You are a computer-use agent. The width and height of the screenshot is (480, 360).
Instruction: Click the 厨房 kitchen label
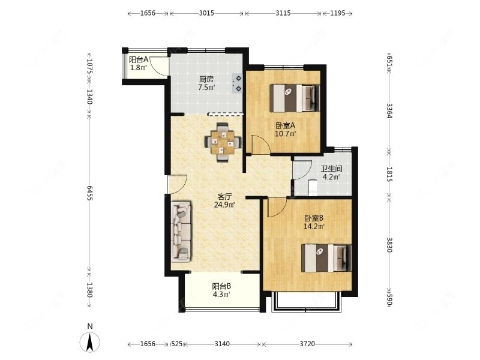tap(206, 79)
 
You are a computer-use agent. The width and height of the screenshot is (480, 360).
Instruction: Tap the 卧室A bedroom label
tap(286, 125)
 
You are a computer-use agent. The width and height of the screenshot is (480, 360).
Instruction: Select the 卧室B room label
tap(314, 218)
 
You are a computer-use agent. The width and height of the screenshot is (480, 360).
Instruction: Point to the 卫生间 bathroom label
tap(332, 169)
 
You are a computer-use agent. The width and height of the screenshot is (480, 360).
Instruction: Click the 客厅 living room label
tap(224, 197)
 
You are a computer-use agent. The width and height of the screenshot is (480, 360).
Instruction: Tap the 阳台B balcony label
tap(221, 286)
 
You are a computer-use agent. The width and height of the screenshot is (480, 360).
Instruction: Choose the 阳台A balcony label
tap(139, 59)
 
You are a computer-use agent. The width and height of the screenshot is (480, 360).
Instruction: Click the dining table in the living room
tap(223, 142)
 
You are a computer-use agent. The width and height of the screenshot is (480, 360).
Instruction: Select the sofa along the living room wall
tap(182, 231)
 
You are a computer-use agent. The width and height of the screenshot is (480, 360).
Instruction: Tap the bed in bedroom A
tap(295, 98)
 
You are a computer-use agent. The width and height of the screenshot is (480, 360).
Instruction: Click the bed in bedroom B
tap(326, 258)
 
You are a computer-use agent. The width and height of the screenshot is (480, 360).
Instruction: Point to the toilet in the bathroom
tap(313, 187)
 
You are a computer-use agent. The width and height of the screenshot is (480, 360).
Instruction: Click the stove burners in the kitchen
tap(237, 83)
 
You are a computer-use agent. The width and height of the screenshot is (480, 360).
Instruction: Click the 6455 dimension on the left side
tap(89, 193)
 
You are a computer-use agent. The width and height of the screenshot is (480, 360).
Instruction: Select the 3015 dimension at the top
tap(206, 13)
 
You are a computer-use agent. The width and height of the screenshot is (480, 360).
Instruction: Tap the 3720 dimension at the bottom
tap(307, 344)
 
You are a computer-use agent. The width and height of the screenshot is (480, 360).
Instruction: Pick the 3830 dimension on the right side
tap(389, 245)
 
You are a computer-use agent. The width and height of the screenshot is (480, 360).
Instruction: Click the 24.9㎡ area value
tap(224, 205)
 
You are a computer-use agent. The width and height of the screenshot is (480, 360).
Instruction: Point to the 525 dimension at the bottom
tap(177, 344)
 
